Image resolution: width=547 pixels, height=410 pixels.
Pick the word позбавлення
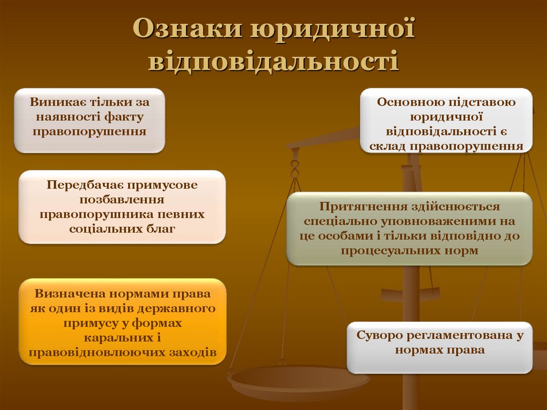(122, 199)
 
